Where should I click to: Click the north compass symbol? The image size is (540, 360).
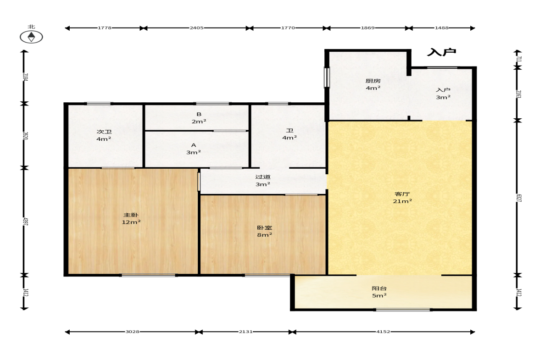coord(31,37)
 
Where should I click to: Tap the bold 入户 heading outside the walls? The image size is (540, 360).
coord(441,52)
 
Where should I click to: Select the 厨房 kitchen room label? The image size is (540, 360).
coord(373,84)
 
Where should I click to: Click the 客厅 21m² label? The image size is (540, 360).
coord(402,198)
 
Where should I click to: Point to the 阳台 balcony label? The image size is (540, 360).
coord(379,292)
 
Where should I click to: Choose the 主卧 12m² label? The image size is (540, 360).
coord(131,219)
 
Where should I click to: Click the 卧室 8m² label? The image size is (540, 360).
coord(264,231)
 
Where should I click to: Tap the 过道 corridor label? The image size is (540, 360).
coord(263,180)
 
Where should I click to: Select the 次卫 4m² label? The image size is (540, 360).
coord(104,135)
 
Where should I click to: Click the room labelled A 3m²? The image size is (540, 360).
coord(194,149)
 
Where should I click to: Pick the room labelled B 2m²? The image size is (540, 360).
coord(199,118)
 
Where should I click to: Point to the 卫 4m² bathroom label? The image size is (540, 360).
coord(289,134)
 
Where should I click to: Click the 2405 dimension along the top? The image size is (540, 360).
coord(196,28)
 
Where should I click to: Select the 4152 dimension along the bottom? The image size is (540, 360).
coord(383,332)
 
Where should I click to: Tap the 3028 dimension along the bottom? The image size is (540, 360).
coord(132,332)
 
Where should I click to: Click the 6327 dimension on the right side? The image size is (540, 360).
coord(518,198)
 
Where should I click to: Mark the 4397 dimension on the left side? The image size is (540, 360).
coord(25,222)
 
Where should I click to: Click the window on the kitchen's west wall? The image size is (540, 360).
coord(326,78)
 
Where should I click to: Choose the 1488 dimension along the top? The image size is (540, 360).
coord(441,28)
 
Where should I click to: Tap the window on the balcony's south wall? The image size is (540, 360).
coord(402,310)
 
